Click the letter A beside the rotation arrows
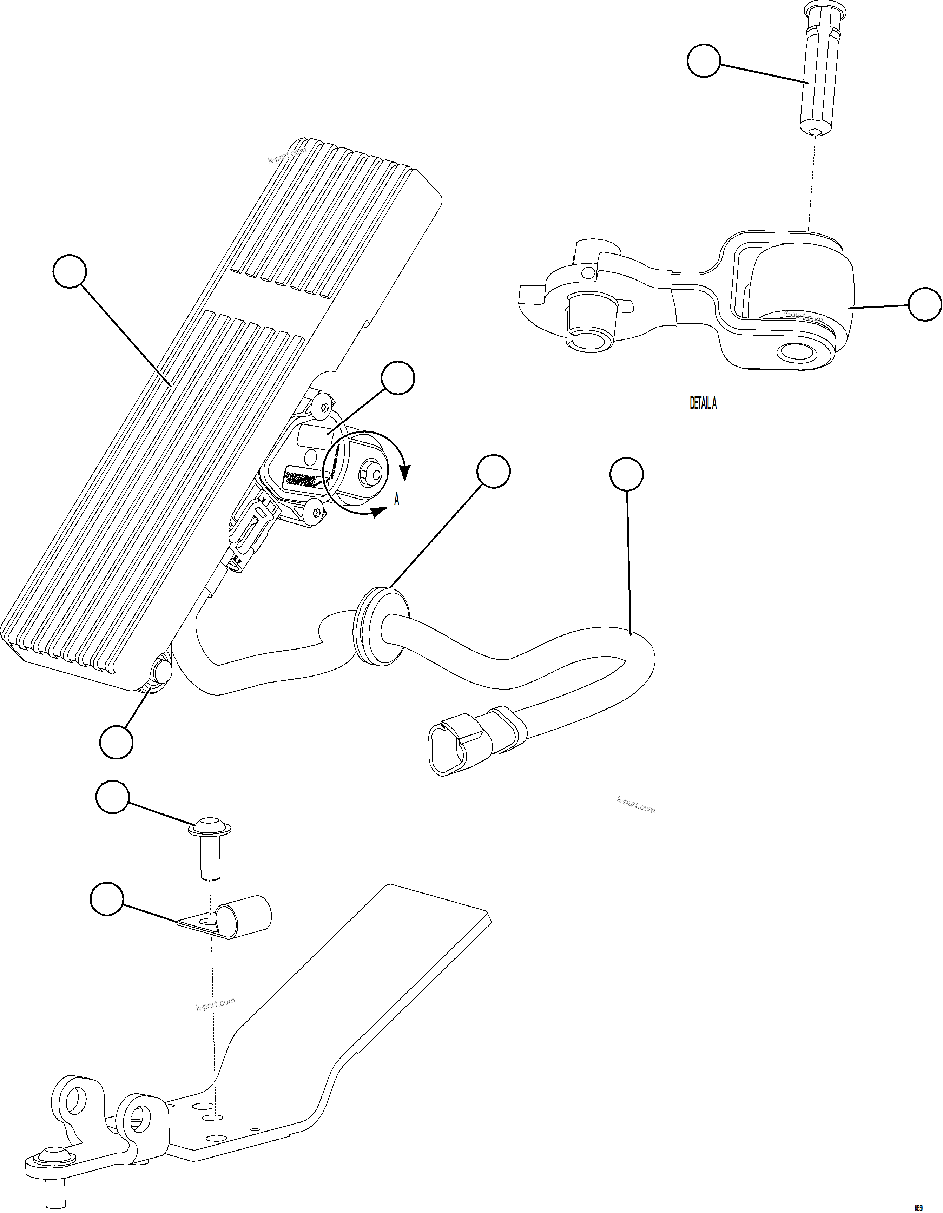tap(396, 500)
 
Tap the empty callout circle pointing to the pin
tap(704, 61)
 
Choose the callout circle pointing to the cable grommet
tap(493, 472)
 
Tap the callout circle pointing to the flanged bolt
tap(112, 798)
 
